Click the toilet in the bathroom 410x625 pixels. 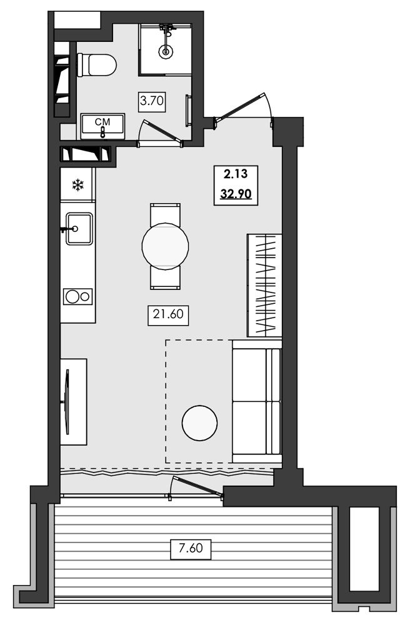(97, 65)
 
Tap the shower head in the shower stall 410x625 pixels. (166, 51)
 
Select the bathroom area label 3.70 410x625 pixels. (152, 101)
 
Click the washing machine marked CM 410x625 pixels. (102, 126)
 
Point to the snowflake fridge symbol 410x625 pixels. (77, 185)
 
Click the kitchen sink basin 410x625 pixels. (79, 229)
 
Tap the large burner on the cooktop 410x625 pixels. (72, 296)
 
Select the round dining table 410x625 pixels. (165, 246)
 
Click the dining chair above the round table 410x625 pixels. (165, 214)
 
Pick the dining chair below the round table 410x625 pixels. (165, 278)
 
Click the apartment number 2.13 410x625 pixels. (236, 174)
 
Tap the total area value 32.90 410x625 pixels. (236, 194)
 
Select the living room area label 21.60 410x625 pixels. (168, 314)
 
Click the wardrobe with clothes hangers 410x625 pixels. (264, 286)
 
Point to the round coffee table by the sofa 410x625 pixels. (199, 423)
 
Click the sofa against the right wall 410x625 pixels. (257, 401)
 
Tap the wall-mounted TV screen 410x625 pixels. (67, 402)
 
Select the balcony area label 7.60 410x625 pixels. (191, 549)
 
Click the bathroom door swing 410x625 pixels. (161, 131)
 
